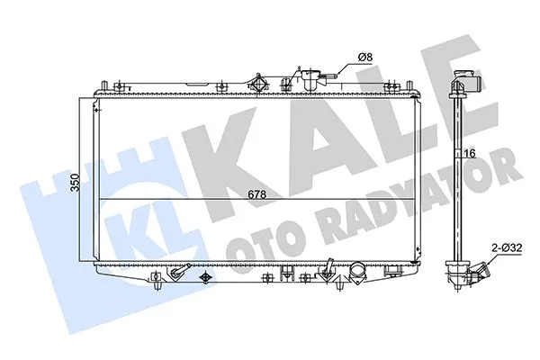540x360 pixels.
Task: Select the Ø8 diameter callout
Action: (x=365, y=58)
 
